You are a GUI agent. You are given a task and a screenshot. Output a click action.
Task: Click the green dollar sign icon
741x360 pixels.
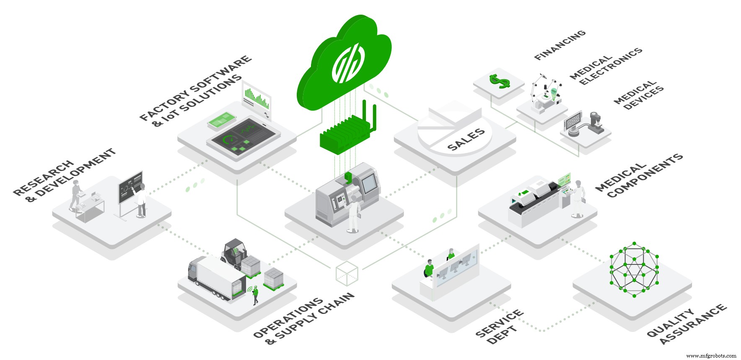coord(499,81)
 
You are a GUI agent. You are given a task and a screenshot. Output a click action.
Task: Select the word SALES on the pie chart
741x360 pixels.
coord(466,140)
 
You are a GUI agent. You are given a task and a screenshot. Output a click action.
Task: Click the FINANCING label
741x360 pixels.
coord(560,45)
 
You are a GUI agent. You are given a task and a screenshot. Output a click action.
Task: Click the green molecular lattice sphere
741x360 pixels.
coord(634,269)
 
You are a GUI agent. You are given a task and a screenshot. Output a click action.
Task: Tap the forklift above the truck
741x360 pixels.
coord(234,254)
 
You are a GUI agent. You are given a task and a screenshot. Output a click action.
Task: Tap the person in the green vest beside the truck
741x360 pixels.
coord(255,295)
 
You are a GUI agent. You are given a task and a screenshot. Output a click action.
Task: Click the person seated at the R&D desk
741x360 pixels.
coord(76,195)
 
